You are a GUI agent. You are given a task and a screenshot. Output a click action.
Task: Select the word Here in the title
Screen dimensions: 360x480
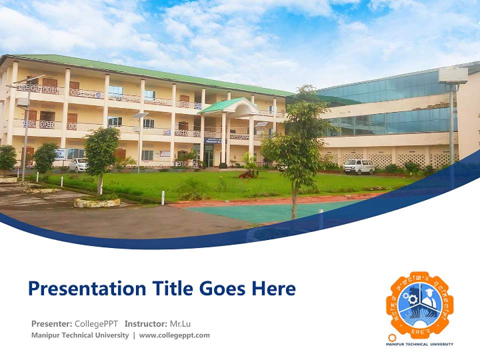(273, 289)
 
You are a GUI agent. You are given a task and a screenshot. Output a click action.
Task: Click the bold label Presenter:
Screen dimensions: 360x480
(51, 324)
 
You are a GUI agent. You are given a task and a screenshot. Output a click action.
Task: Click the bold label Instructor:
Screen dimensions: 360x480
(146, 324)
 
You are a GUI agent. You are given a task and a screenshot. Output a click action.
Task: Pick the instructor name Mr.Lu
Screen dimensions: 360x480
(180, 324)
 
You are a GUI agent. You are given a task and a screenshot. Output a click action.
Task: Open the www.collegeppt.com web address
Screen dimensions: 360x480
(174, 335)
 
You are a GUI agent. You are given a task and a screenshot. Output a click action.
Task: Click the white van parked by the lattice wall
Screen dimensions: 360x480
(358, 166)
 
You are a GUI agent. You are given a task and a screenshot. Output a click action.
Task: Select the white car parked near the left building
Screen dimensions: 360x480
(77, 165)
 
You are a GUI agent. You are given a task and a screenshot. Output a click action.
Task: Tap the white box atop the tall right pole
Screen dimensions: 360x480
(453, 75)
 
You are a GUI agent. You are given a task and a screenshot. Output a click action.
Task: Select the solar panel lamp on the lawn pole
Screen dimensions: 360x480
(139, 115)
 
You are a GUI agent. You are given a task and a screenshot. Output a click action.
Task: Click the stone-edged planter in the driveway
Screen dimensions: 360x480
(97, 202)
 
